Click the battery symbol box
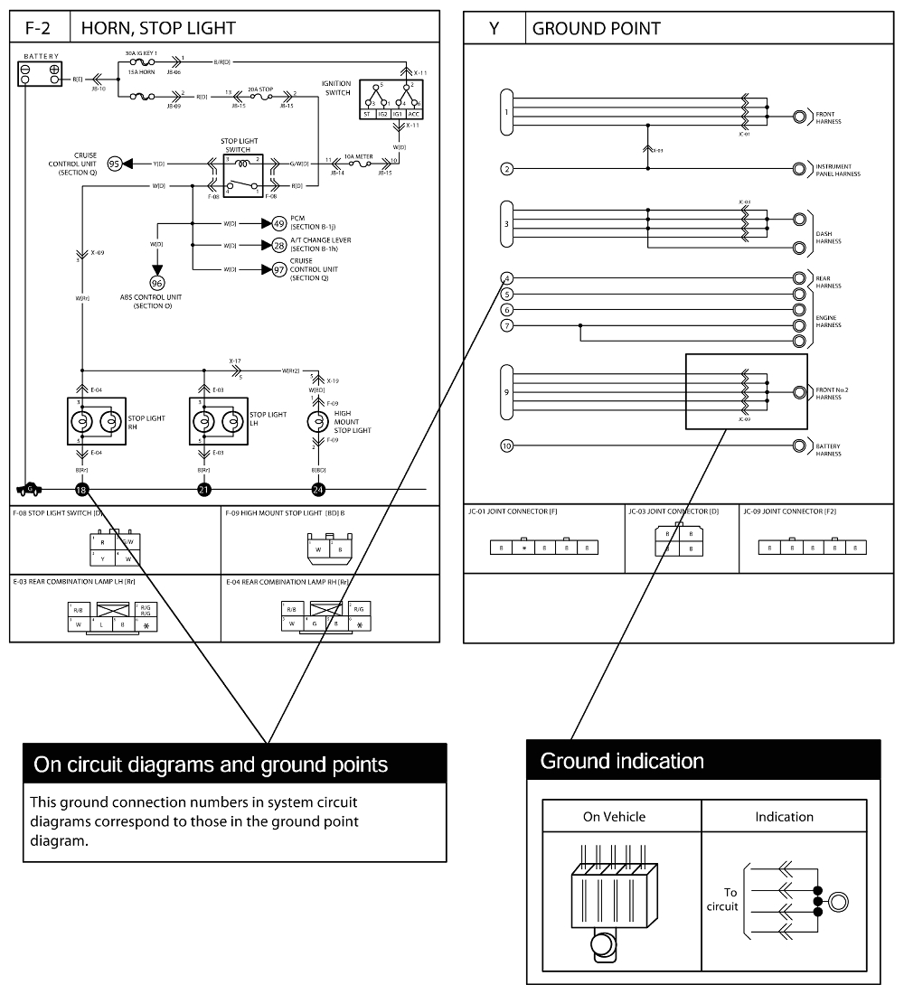(x=41, y=73)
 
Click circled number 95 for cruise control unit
(x=114, y=164)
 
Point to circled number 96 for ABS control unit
(x=156, y=283)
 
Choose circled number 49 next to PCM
(x=278, y=222)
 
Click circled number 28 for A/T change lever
(x=278, y=245)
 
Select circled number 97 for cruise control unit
(x=278, y=269)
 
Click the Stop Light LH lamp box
(x=217, y=421)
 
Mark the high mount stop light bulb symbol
(x=318, y=422)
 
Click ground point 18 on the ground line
(x=82, y=490)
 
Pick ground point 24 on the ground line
(x=318, y=490)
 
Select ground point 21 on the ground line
(x=204, y=490)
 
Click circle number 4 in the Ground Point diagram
(x=507, y=278)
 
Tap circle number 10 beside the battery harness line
(x=507, y=445)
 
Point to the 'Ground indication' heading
(x=622, y=761)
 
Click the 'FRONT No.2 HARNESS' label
(x=833, y=393)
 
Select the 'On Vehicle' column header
(x=614, y=816)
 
